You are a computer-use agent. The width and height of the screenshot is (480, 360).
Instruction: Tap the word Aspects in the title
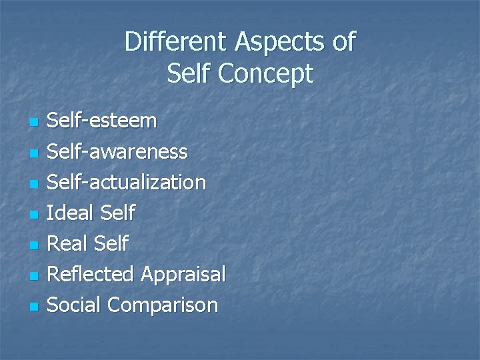pos(280,42)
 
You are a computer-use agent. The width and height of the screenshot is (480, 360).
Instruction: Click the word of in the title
pos(344,42)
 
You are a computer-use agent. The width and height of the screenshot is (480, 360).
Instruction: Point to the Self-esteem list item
pos(103,121)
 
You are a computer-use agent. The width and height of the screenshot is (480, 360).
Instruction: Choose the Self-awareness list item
pos(118,151)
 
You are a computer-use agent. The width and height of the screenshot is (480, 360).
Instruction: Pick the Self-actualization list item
pos(127,182)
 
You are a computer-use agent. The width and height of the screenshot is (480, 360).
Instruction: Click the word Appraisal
pos(183,274)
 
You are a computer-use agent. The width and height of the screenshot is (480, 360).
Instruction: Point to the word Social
pos(75,305)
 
